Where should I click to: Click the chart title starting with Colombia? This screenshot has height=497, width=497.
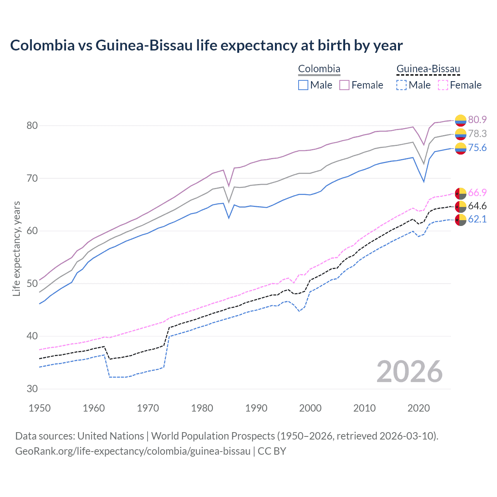pyautogui.click(x=206, y=45)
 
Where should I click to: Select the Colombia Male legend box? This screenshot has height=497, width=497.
pyautogui.click(x=303, y=85)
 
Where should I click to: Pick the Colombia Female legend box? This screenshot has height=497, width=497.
pyautogui.click(x=344, y=85)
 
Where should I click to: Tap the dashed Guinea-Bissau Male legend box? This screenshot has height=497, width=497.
pyautogui.click(x=401, y=85)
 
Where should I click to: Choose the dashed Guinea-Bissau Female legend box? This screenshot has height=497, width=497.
pyautogui.click(x=443, y=85)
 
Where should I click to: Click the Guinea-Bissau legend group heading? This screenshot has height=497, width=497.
pyautogui.click(x=428, y=69)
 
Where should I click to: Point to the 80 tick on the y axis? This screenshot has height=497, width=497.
pyautogui.click(x=32, y=125)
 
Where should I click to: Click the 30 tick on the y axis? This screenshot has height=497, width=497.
pyautogui.click(x=32, y=389)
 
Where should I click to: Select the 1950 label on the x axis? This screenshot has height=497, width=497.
pyautogui.click(x=40, y=408)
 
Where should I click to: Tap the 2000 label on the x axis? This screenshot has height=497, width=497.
pyautogui.click(x=310, y=408)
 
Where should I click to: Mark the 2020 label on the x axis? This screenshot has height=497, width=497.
pyautogui.click(x=419, y=408)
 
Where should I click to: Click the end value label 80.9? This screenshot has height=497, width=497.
pyautogui.click(x=477, y=120)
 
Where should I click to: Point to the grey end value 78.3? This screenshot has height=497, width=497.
pyautogui.click(x=477, y=134)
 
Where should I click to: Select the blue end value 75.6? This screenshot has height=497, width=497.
pyautogui.click(x=477, y=148)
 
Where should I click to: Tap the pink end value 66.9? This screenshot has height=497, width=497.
pyautogui.click(x=477, y=193)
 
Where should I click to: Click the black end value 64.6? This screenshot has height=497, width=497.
pyautogui.click(x=477, y=206)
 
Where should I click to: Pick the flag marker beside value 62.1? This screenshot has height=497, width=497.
pyautogui.click(x=461, y=219)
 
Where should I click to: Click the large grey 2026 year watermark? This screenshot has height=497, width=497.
pyautogui.click(x=409, y=372)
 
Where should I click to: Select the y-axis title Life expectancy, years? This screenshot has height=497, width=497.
pyautogui.click(x=16, y=248)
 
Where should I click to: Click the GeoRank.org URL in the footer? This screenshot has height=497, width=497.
pyautogui.click(x=133, y=451)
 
